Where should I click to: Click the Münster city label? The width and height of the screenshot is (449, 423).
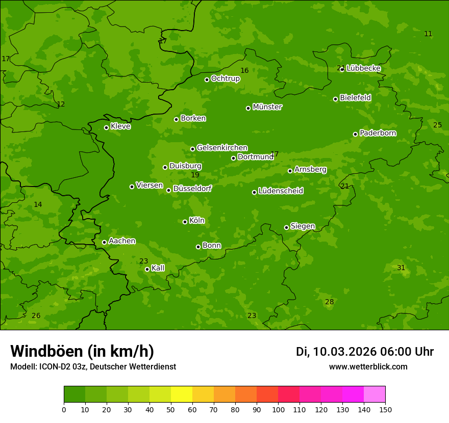(x=267, y=107)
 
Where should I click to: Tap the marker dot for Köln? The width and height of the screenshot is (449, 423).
(x=185, y=222)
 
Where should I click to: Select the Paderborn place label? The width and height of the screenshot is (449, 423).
(x=378, y=133)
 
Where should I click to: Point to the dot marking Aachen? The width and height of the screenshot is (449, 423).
(x=104, y=242)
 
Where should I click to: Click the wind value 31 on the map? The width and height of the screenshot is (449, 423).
(x=401, y=268)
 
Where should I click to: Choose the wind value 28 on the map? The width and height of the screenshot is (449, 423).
(x=330, y=302)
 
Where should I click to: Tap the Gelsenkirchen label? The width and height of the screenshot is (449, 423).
(x=222, y=148)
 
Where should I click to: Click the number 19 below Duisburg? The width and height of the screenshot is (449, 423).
(x=195, y=175)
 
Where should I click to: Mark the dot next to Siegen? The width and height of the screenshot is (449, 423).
(x=286, y=227)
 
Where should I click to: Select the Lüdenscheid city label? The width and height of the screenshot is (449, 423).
(x=281, y=191)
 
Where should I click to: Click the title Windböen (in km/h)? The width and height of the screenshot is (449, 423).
(x=82, y=351)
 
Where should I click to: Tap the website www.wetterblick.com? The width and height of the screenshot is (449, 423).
(x=368, y=366)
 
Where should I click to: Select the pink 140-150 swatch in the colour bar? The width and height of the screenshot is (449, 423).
(x=375, y=394)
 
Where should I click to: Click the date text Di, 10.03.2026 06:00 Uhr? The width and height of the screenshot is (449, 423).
(x=365, y=352)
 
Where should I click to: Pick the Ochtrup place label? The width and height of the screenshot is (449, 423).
(x=225, y=78)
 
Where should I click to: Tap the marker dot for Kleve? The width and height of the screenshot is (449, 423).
(x=106, y=127)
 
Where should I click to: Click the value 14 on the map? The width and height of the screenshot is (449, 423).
(x=38, y=204)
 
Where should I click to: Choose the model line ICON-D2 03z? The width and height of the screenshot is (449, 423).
(x=93, y=366)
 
